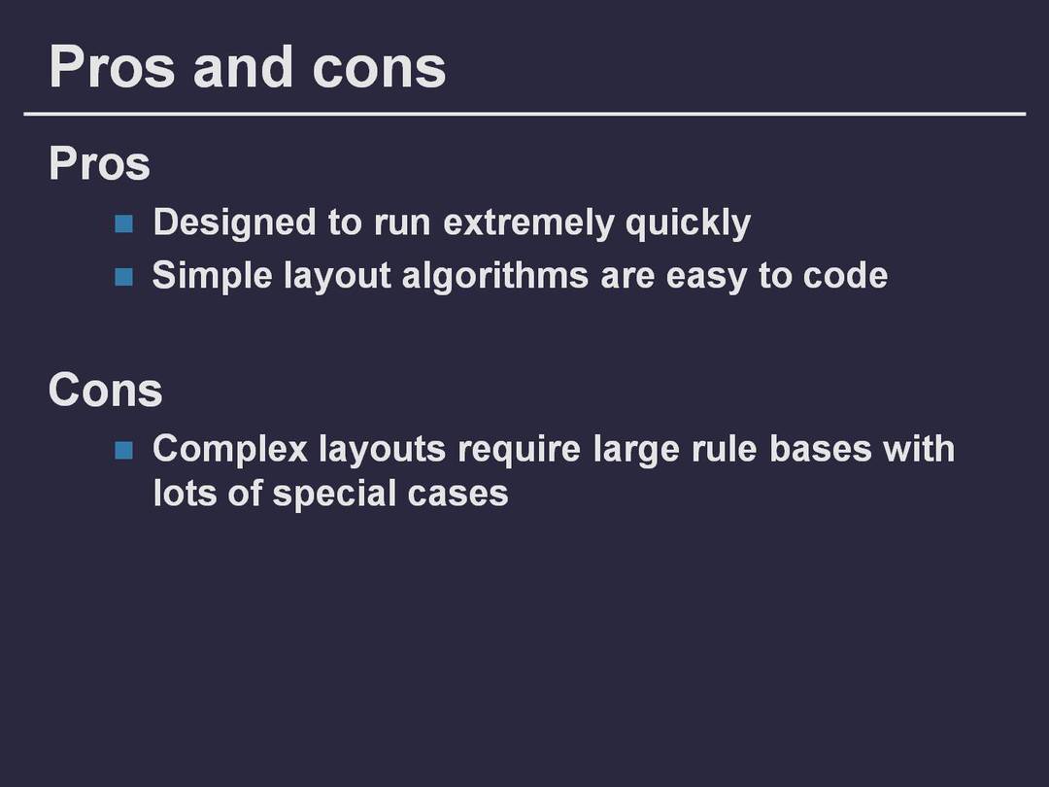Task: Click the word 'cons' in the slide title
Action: [x=380, y=68]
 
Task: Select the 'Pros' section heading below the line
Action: [x=100, y=163]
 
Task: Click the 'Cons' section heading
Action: [x=106, y=390]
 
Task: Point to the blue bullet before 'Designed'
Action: [x=123, y=223]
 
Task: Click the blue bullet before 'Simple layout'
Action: [x=123, y=277]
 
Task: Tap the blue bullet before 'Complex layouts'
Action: [x=123, y=451]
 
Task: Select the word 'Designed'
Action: [x=234, y=223]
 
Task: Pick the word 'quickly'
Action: [x=688, y=223]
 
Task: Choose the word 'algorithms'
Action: [x=495, y=277]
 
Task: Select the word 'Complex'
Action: [x=230, y=450]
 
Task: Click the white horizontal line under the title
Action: [x=524, y=115]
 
